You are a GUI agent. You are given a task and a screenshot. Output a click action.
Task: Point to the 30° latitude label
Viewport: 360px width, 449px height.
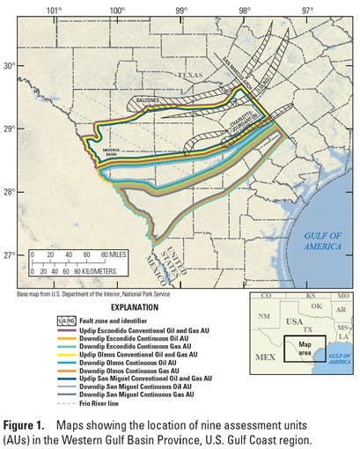(9, 66)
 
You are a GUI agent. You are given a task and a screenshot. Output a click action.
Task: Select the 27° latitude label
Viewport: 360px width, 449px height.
(9, 255)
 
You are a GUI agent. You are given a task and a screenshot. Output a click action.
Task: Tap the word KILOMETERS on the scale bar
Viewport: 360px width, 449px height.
(114, 269)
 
